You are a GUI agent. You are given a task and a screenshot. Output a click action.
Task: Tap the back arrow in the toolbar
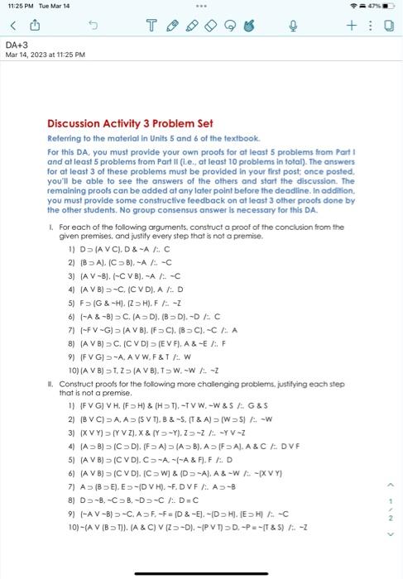(12, 25)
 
